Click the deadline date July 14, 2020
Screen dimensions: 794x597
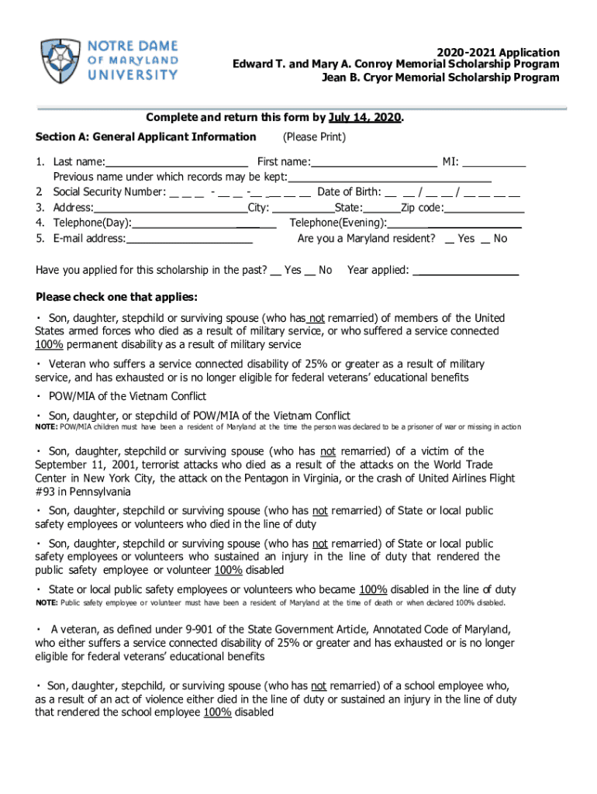pos(364,118)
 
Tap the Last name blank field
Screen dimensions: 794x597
pos(176,162)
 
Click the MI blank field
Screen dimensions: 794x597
pos(494,162)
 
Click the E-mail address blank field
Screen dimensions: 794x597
pos(189,239)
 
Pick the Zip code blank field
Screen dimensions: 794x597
pos(484,208)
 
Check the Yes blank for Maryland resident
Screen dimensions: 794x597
pos(450,239)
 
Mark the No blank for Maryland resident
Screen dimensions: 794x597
pos(486,239)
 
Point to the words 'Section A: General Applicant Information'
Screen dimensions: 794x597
pos(146,137)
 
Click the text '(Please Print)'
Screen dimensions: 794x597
pos(314,137)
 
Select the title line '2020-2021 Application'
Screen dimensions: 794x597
pos(497,53)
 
